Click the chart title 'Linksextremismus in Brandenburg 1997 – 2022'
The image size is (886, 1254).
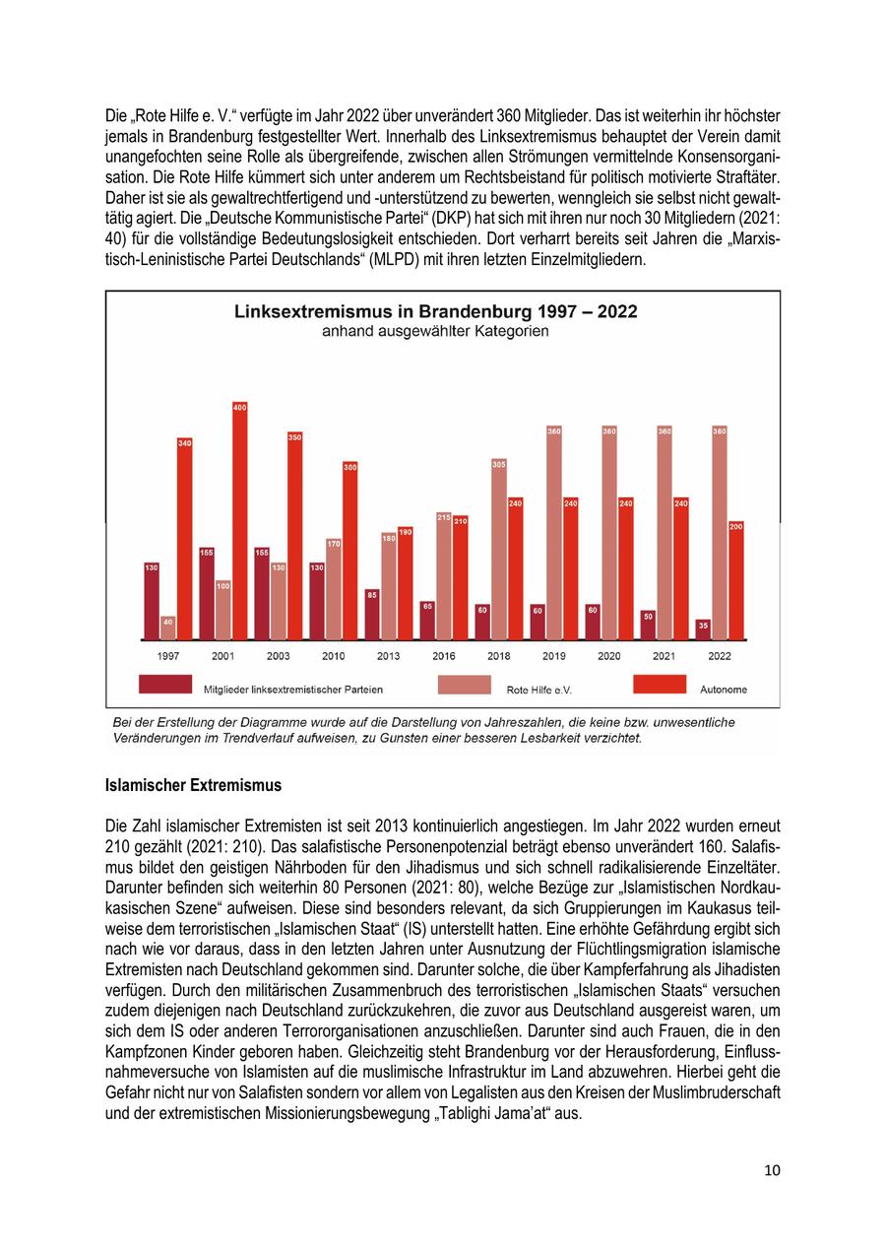pos(435,311)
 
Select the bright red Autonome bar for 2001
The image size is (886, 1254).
pos(239,522)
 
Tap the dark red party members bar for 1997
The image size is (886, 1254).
pos(152,601)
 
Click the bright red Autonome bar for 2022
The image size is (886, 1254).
pos(736,581)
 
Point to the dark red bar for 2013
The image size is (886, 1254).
pos(372,615)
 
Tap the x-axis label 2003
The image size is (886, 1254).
pos(279,655)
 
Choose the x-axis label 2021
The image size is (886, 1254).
pos(664,655)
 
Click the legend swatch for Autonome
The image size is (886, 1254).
pos(659,685)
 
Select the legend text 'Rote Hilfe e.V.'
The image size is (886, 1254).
pos(538,690)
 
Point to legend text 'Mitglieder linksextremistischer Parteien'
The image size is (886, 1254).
pos(293,690)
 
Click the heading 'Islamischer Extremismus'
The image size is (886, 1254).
pos(193,785)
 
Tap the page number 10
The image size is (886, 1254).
pos(772,1170)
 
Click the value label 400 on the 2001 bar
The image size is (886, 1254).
pos(239,407)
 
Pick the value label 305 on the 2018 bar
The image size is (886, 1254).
pos(498,464)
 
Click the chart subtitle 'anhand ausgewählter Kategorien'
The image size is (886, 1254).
pos(435,332)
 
